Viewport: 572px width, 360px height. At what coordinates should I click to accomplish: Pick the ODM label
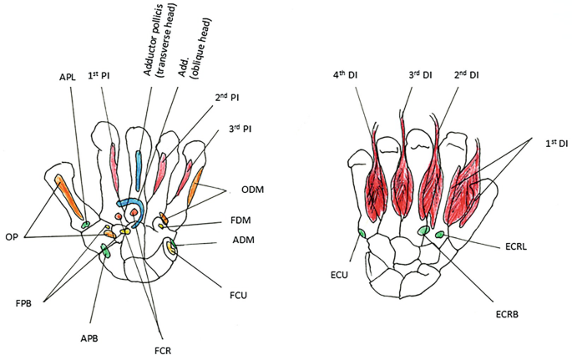tap(242, 190)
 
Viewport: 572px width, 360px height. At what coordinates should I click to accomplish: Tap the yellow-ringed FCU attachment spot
tap(172, 247)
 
